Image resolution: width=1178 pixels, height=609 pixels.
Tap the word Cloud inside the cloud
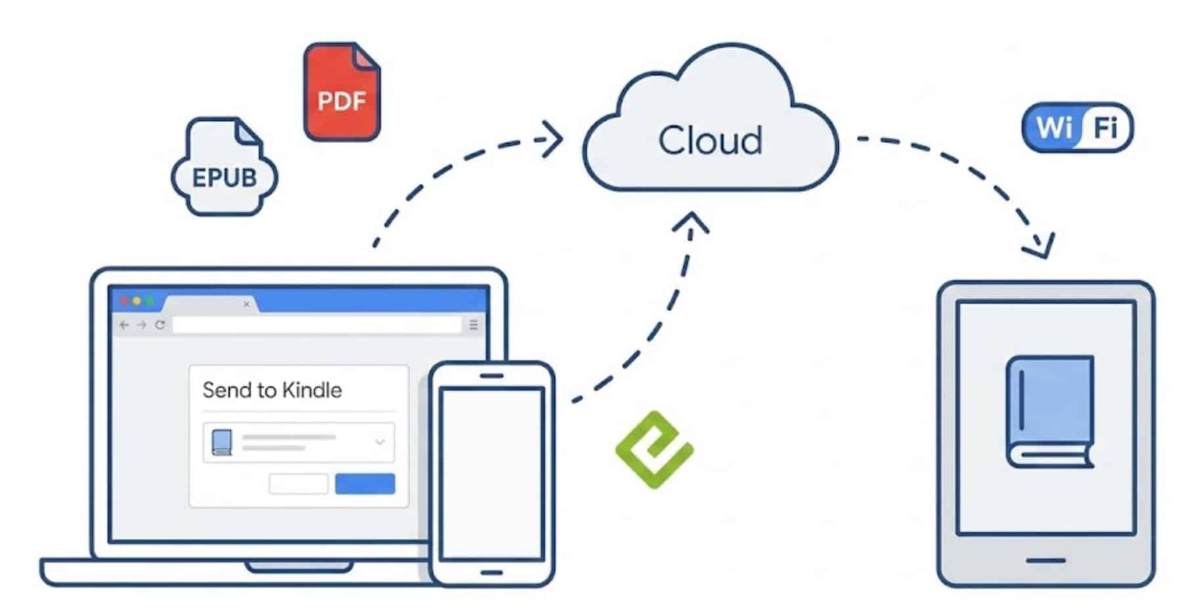[x=710, y=140]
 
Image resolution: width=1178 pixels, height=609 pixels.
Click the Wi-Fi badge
[x=1078, y=127]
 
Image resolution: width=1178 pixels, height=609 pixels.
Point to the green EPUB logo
[x=654, y=450]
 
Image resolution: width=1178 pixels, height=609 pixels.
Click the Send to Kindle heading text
[x=272, y=390]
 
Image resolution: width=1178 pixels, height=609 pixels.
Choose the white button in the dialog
[x=299, y=484]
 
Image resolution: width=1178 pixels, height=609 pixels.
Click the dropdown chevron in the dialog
[x=380, y=442]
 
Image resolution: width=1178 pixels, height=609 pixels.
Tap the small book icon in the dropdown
[x=222, y=443]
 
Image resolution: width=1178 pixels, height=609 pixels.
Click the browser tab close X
[x=246, y=304]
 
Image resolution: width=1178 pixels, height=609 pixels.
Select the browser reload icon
[x=160, y=325]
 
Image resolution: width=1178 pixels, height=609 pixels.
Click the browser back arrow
[x=124, y=325]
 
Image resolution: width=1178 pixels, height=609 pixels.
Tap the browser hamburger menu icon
[x=473, y=325]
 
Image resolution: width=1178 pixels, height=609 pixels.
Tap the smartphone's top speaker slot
[x=491, y=376]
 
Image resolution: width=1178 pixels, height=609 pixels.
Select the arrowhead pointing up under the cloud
[x=691, y=222]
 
